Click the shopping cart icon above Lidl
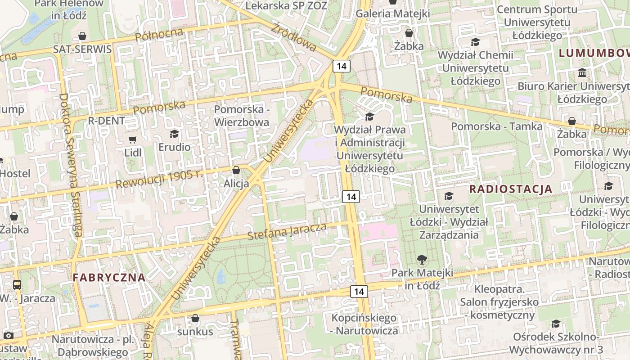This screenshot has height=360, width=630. pos(132,140)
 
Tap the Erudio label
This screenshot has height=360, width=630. pos(174,147)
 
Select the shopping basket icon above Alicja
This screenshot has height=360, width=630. pos(236,171)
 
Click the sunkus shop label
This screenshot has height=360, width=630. pos(195,332)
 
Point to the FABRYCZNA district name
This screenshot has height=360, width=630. pos(109,278)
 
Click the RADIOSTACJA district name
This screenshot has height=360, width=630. pos(511,189)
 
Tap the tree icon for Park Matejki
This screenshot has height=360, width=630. pos(422,259)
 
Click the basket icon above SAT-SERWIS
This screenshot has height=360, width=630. pos(82,36)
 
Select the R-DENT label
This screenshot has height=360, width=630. pos(106,121)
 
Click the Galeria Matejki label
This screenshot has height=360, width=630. pos(393,13)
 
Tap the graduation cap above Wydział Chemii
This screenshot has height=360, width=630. pos(475,42)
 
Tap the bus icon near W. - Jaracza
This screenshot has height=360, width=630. pos(17,284)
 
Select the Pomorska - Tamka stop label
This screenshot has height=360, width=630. pos(497,126)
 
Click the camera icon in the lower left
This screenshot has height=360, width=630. pos(8,335)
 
